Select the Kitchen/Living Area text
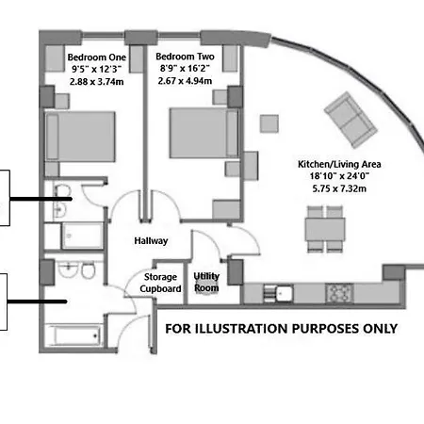coord(325,163)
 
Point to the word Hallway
coord(151,240)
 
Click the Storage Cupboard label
coord(161,283)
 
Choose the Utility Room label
coord(206,282)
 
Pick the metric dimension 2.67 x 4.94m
coord(184,81)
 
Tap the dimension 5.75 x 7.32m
coord(325,189)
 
